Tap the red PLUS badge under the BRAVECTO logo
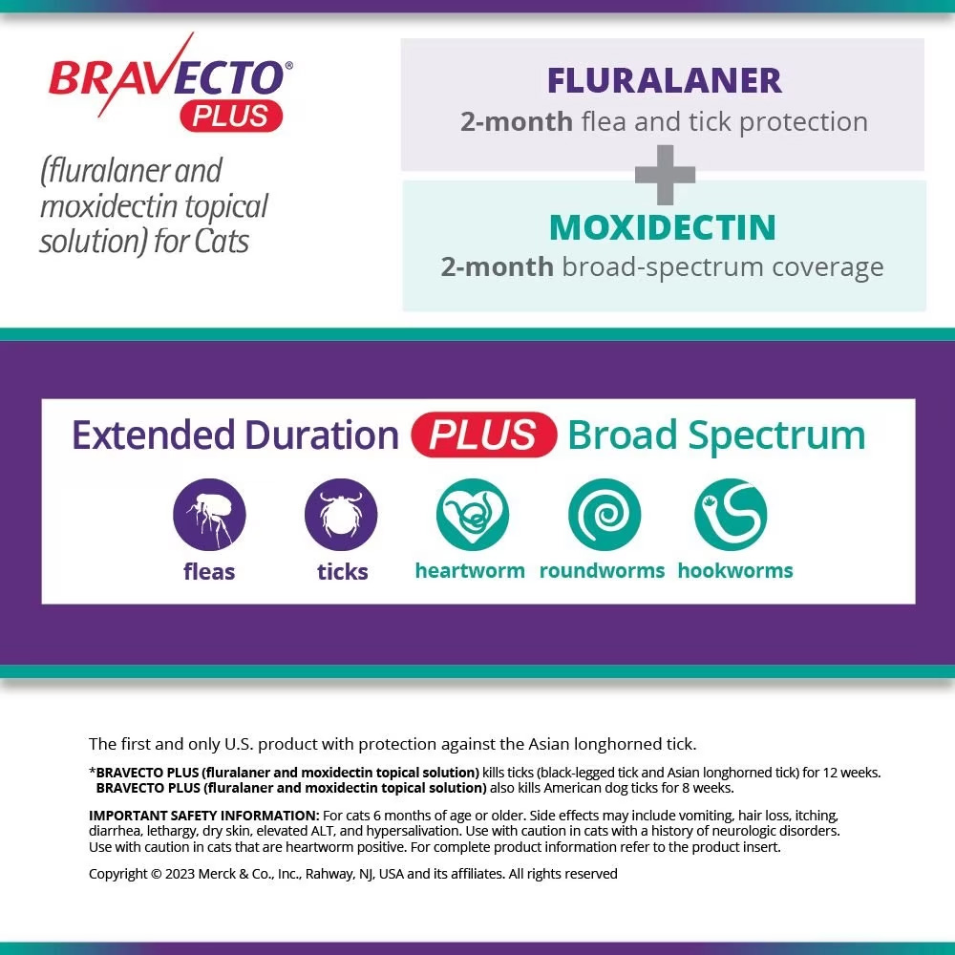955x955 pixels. (231, 116)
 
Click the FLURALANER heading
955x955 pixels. (664, 80)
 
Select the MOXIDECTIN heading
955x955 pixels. (662, 227)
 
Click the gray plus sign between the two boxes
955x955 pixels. (665, 175)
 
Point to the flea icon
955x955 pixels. (209, 515)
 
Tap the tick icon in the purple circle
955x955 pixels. (341, 515)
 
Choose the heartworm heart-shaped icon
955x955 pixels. (472, 515)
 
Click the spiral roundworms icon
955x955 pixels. (604, 515)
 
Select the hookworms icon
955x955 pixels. (731, 515)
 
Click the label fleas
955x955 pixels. (209, 572)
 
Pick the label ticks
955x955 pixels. (342, 572)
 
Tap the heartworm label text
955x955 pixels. (470, 571)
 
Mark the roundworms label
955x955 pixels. (602, 571)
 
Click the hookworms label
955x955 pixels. (735, 571)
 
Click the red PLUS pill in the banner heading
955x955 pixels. (483, 435)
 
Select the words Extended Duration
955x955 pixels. (235, 435)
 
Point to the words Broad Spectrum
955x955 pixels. (716, 435)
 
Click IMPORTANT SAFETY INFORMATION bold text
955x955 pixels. (203, 816)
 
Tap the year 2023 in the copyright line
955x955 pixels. (182, 874)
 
